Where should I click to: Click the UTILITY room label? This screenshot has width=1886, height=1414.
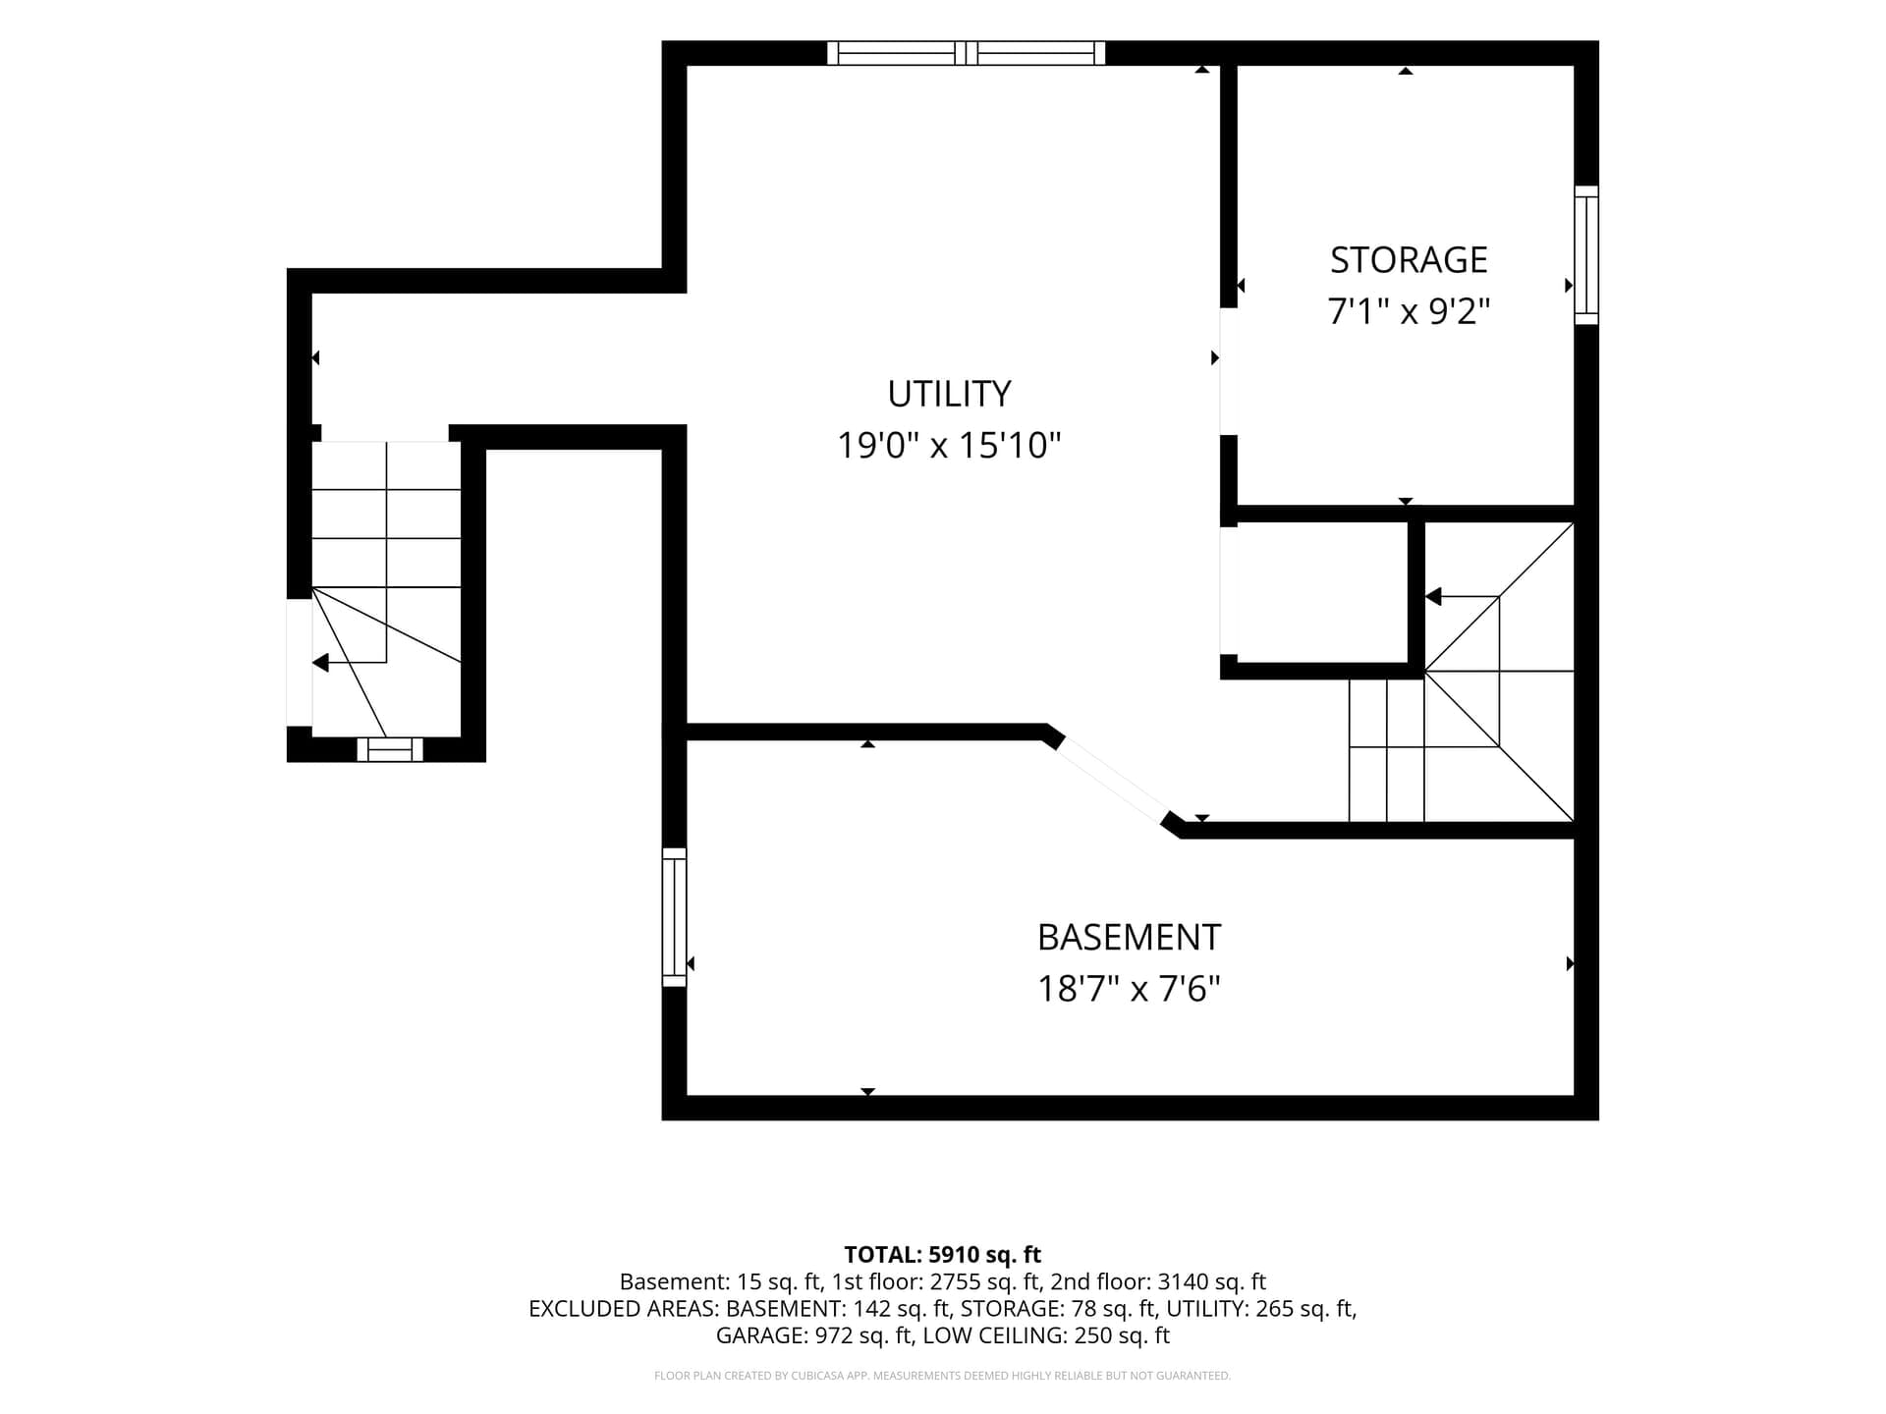click(949, 394)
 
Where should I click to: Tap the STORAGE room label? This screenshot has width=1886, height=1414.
click(1409, 260)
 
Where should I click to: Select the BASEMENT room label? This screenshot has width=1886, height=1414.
click(1129, 938)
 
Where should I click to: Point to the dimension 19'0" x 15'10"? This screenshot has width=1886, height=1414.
click(949, 446)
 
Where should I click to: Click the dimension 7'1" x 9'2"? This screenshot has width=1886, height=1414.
click(1409, 312)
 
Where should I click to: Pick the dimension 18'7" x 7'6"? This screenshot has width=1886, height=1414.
click(1129, 989)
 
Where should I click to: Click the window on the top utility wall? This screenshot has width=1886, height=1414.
click(966, 53)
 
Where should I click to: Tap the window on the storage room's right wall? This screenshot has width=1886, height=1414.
click(1586, 255)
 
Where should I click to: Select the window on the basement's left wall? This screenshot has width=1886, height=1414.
click(674, 917)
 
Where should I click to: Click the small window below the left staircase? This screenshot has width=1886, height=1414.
click(390, 749)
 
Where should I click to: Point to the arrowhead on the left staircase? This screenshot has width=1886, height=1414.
click(320, 663)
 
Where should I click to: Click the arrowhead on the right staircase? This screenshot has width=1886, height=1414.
click(1433, 596)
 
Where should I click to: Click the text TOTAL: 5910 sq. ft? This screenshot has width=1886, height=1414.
click(943, 1255)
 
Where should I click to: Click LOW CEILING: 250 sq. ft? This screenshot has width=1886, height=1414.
click(1047, 1335)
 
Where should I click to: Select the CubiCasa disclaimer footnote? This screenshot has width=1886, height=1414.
click(943, 1376)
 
